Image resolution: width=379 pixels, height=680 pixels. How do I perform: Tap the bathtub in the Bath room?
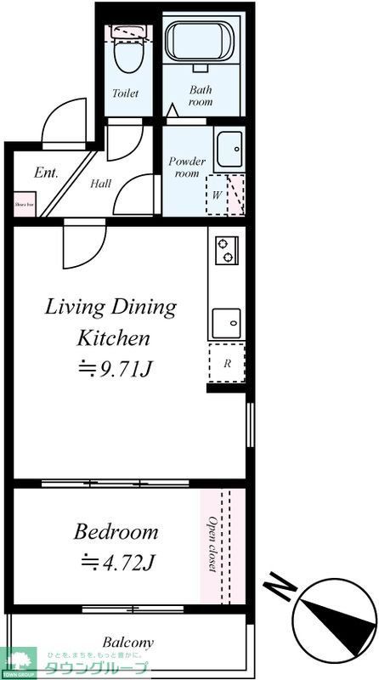coord(201,44)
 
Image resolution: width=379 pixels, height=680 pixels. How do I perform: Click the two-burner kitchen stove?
coord(227,249)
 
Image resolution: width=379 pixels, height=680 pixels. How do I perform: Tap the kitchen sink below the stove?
coord(226,321)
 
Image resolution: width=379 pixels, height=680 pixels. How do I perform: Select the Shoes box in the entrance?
coord(24,204)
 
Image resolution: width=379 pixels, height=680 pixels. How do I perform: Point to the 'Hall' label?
coord(100,182)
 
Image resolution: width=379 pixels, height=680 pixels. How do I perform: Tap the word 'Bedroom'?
coord(116,532)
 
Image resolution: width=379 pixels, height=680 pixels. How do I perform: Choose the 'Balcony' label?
coord(128,642)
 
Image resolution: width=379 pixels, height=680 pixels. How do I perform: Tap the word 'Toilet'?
coord(125,93)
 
